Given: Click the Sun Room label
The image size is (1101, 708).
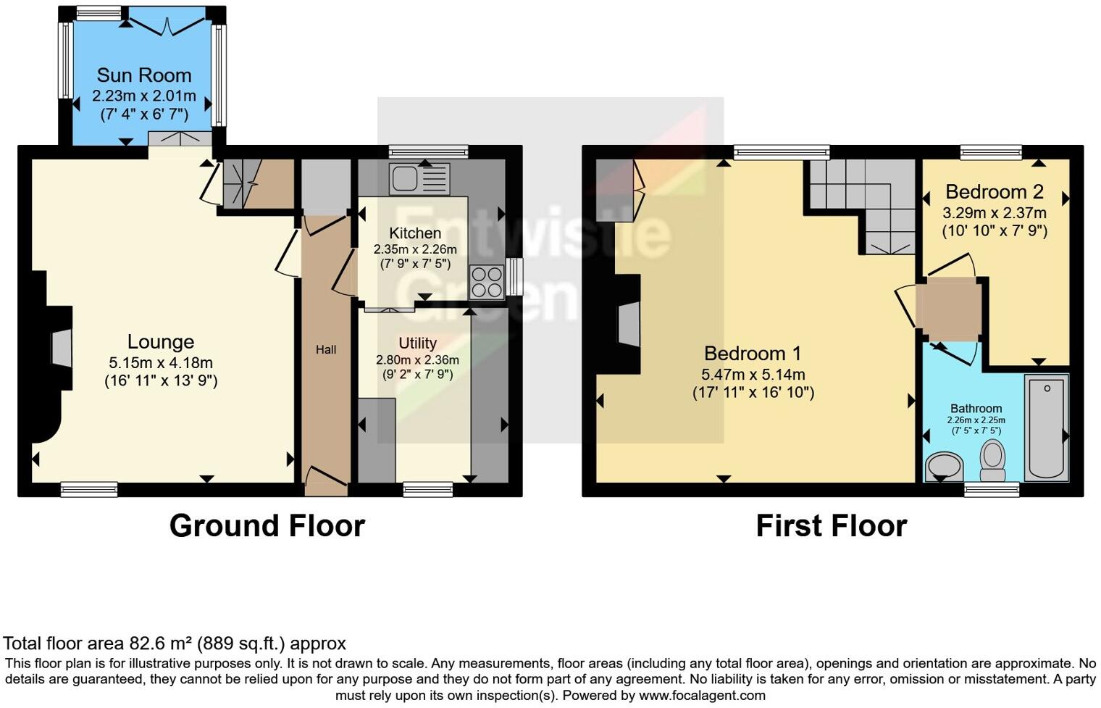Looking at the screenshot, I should click(144, 75).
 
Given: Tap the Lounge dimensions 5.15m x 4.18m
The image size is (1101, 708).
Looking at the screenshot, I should click(161, 362).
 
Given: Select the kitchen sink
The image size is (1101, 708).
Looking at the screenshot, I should click(419, 178).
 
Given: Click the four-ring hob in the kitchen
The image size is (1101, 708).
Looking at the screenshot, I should click(487, 283).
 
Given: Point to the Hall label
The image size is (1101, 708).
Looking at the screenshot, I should click(326, 350).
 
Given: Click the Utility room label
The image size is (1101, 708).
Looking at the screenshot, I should click(417, 343).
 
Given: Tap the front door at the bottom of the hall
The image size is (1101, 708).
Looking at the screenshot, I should click(326, 481).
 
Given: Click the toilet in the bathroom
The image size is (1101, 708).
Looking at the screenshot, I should click(992, 461).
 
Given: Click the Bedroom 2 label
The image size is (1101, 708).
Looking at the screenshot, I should click(994, 192).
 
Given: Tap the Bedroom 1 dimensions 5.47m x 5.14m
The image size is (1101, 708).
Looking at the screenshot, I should click(753, 375).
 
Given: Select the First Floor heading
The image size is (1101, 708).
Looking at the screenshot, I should click(831, 526).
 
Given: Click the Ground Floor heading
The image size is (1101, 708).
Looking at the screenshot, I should click(267, 526).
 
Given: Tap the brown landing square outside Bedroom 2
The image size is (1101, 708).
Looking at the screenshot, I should click(948, 309).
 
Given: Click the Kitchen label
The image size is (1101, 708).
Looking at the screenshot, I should click(415, 233).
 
